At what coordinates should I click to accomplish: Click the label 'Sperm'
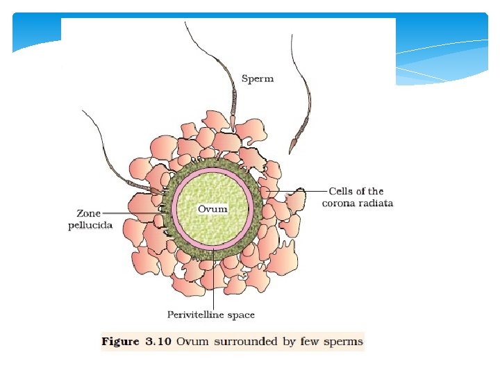(257, 79)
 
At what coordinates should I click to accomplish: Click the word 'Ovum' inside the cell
(212, 208)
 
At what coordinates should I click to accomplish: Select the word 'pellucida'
(90, 226)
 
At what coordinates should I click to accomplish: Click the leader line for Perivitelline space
(213, 285)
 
